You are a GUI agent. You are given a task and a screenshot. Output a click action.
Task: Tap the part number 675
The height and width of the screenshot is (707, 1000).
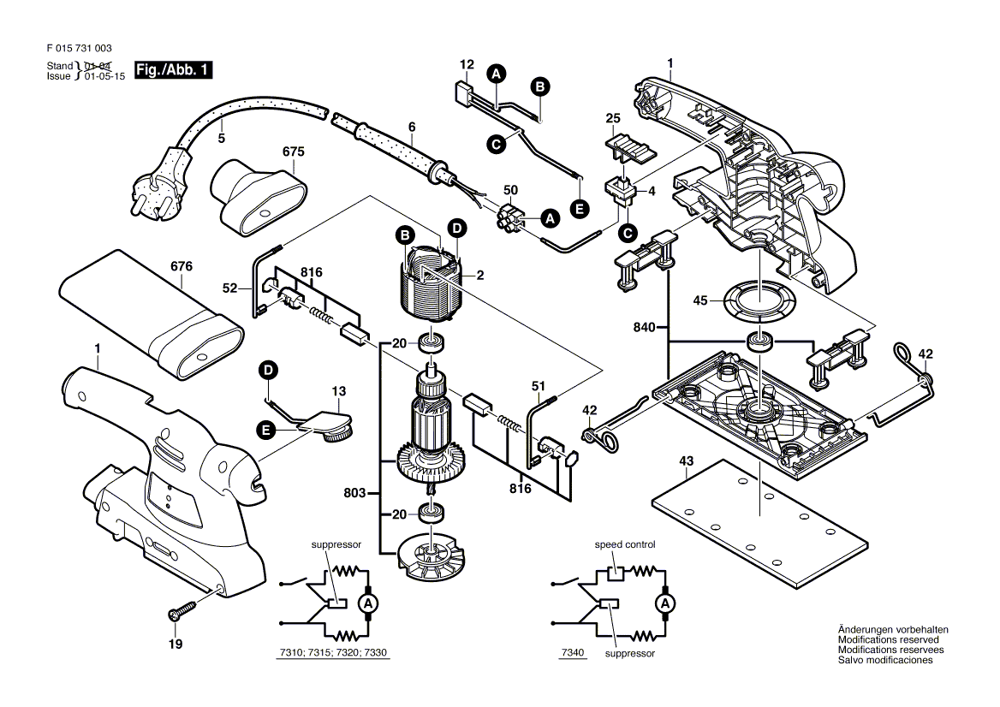(294, 151)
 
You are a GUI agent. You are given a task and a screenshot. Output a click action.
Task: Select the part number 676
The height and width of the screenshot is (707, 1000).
(182, 266)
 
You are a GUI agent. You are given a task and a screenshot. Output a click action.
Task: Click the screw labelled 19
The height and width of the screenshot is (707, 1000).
(182, 613)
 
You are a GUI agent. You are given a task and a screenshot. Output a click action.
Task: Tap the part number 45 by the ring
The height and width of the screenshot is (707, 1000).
(700, 300)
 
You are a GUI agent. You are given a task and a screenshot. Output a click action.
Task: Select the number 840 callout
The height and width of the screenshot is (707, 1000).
(646, 326)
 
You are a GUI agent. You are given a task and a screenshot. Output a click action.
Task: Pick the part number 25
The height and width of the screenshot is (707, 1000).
(612, 117)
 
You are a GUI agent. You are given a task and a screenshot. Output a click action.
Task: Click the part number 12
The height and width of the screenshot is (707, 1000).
(467, 64)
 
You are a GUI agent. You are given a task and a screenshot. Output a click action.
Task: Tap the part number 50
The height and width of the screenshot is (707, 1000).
(509, 189)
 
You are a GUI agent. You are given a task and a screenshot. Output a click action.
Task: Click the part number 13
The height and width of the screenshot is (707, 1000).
(338, 390)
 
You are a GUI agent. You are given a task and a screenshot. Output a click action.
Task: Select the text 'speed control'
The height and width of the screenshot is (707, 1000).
(625, 544)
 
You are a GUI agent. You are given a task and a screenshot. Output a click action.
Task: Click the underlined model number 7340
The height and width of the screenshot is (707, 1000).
(573, 653)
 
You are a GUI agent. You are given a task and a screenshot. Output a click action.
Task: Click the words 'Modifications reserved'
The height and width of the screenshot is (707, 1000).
(888, 639)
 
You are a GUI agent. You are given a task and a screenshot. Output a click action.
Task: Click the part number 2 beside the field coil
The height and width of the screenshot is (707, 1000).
(480, 275)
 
